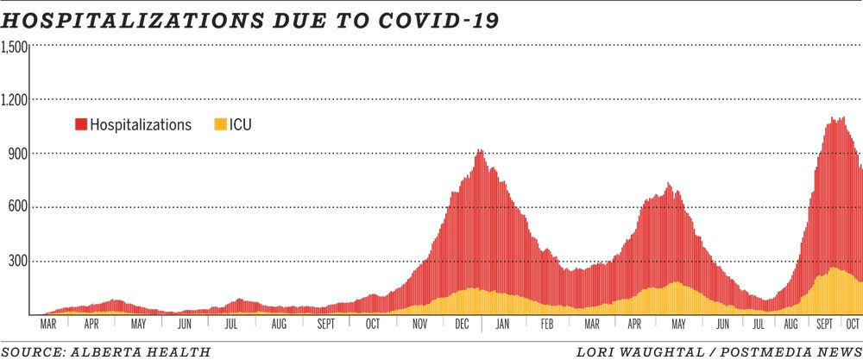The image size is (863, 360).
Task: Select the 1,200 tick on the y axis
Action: click(x=16, y=99)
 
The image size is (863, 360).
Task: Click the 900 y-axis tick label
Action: click(x=19, y=153)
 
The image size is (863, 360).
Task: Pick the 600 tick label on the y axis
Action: click(x=19, y=207)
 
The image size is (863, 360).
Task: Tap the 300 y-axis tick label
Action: click(x=19, y=261)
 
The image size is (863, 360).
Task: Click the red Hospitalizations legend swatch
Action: click(x=81, y=125)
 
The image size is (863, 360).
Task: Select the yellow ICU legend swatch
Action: click(x=219, y=125)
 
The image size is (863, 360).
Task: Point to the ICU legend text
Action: click(x=241, y=125)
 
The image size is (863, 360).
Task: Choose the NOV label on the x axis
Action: click(x=419, y=325)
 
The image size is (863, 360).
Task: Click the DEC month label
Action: click(x=463, y=325)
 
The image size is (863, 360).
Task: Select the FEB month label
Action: click(x=546, y=325)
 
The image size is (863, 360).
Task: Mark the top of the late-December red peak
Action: click(x=479, y=151)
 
